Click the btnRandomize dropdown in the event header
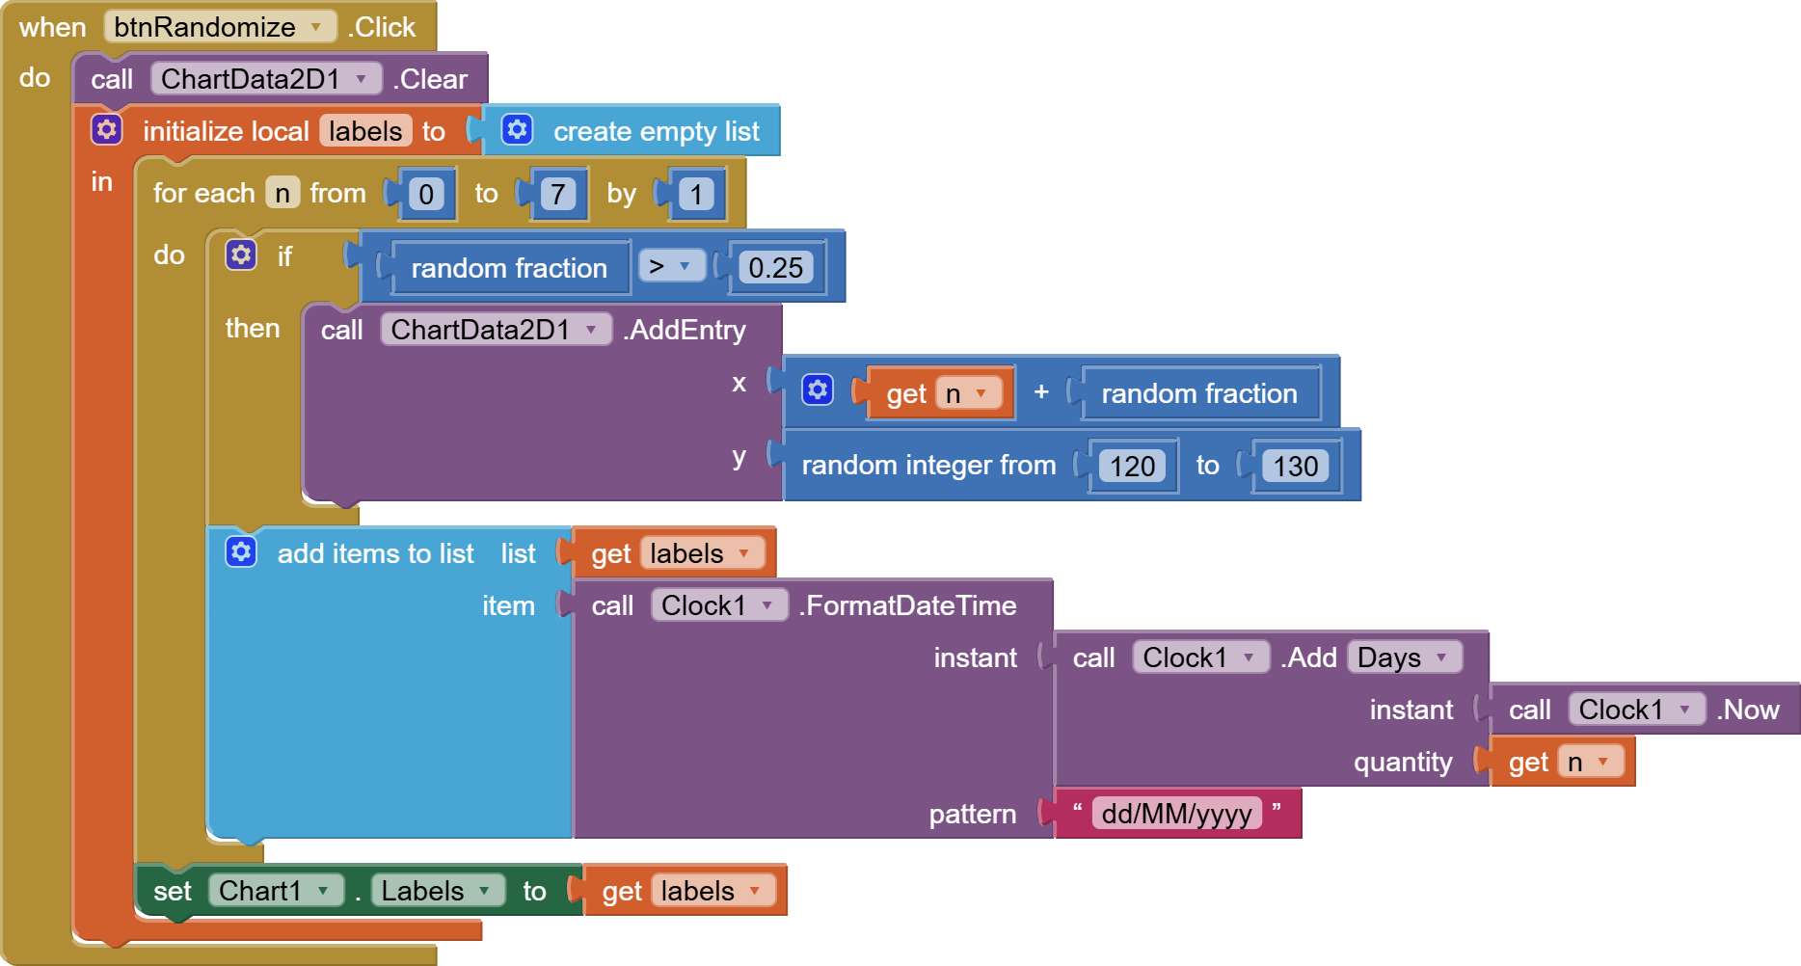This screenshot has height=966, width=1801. pyautogui.click(x=220, y=27)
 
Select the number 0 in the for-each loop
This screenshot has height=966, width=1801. pyautogui.click(x=426, y=195)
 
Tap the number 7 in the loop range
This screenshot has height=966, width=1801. pyautogui.click(x=557, y=195)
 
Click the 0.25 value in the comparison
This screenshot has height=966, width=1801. pyautogui.click(x=775, y=268)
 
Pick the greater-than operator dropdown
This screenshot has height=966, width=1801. pyautogui.click(x=670, y=266)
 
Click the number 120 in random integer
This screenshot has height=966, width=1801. pyautogui.click(x=1132, y=467)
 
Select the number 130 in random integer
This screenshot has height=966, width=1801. pyautogui.click(x=1295, y=467)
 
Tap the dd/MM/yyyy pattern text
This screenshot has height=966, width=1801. pyautogui.click(x=1176, y=814)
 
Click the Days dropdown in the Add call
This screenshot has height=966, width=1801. pyautogui.click(x=1403, y=657)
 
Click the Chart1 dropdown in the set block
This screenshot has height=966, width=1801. pyautogui.click(x=275, y=891)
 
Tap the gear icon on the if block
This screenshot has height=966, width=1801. pyautogui.click(x=241, y=255)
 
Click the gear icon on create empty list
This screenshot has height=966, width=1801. pyautogui.click(x=517, y=129)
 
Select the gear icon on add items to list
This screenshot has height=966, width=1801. pyautogui.click(x=241, y=551)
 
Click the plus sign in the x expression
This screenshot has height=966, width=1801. pyautogui.click(x=1041, y=391)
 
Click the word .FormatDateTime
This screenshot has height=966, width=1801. pyautogui.click(x=907, y=605)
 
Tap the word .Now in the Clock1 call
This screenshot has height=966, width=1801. pyautogui.click(x=1748, y=710)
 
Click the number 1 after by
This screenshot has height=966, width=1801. pyautogui.click(x=696, y=195)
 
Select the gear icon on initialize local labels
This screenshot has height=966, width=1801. pyautogui.click(x=106, y=129)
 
